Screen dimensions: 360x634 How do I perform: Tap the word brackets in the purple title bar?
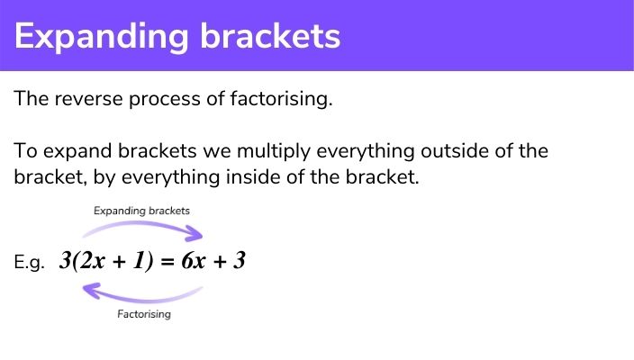pos(279,36)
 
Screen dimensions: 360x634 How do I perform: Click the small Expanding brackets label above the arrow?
pos(142,211)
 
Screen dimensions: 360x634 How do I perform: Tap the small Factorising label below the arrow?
pos(144,315)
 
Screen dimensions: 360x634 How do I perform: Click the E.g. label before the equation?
pos(30,265)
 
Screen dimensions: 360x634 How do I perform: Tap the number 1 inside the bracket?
pos(132,262)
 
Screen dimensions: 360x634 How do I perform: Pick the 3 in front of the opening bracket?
pos(65,262)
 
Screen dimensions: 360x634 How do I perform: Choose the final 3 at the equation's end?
pos(240,262)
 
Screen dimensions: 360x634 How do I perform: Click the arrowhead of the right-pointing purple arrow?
pos(196,237)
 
